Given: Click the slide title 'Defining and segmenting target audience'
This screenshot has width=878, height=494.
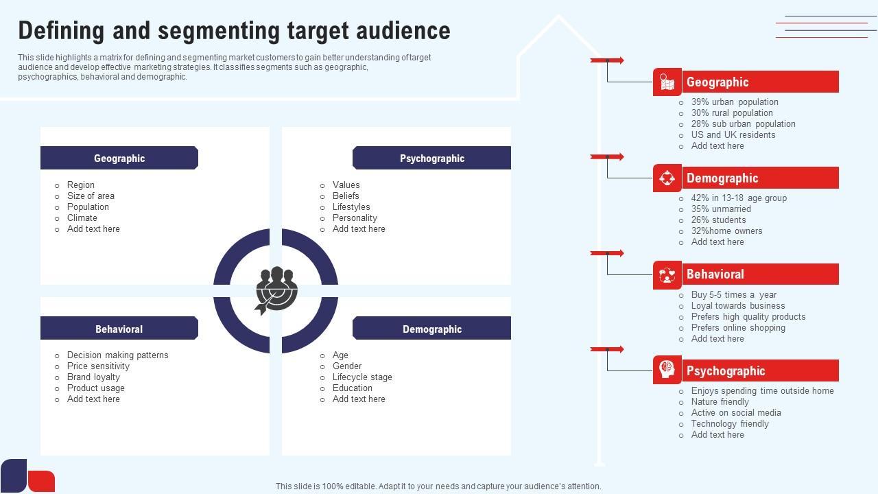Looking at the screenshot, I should pos(234,31).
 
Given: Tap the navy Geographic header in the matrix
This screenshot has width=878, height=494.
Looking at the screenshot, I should pos(119,158).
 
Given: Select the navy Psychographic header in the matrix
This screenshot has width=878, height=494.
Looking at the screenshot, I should pos(432,158).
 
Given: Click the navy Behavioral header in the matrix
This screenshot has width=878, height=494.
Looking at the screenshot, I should pos(119,329).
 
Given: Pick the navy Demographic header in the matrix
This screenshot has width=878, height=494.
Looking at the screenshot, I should pos(432,329).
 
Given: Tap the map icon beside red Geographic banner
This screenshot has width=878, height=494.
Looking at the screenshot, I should pos(667,82).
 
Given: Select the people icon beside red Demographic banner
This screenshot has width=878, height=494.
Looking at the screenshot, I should pos(667,178).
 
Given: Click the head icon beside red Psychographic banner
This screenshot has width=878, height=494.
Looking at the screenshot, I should pos(667,370).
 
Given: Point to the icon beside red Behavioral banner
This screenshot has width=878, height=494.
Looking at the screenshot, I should pos(667,274).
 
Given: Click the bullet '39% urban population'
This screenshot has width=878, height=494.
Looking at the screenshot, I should pos(735,102).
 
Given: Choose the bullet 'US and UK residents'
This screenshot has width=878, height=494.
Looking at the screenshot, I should pos(733,135).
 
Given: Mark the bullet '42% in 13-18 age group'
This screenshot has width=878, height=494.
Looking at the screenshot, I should pos(739,198).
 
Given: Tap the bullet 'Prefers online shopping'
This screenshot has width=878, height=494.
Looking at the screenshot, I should pos(738,328).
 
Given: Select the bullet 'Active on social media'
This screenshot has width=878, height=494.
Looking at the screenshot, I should pos(736,413).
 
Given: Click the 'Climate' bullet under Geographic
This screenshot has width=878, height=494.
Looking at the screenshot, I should pos(82,218).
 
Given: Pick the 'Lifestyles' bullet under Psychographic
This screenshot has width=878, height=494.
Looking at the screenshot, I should pos(351,207).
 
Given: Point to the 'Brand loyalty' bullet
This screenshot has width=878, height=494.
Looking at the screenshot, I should pos(93,377).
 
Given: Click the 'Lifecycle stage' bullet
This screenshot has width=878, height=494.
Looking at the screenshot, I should pos(362,377).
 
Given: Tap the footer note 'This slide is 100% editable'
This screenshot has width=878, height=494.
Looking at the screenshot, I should pos(438,486).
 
